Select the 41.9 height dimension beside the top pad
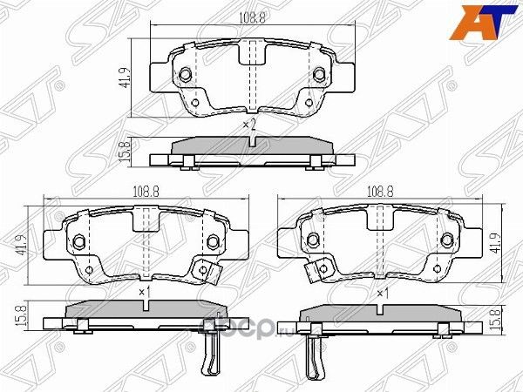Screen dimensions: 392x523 pos(126,78)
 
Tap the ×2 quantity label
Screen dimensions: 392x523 pos(250,125)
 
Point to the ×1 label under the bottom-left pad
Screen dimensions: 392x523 pos(144,290)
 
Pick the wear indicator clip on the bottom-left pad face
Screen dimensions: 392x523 pos(208,273)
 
